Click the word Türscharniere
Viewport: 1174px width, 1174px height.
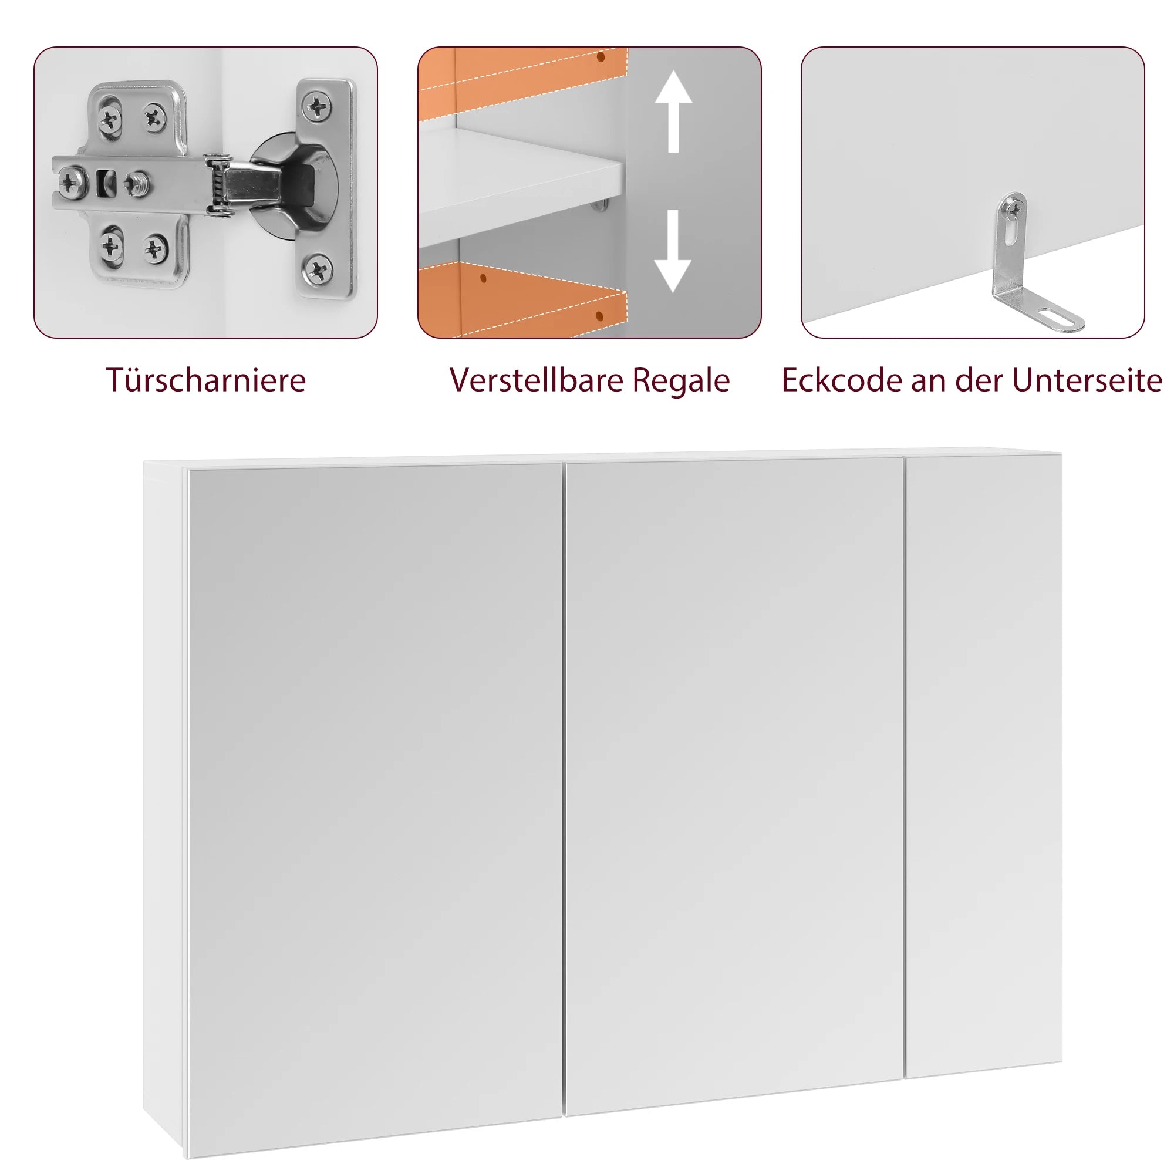pos(206,380)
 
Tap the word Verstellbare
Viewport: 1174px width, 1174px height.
pos(537,380)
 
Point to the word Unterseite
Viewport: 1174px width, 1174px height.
pos(1087,380)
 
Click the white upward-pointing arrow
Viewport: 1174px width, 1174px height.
pos(673,111)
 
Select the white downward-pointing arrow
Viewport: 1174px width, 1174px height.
pos(673,251)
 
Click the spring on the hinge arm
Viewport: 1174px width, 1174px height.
pos(217,185)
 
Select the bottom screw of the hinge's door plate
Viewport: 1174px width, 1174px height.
pos(318,269)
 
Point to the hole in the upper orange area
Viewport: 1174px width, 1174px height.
pos(601,57)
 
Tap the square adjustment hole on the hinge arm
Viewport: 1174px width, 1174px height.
pos(106,183)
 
